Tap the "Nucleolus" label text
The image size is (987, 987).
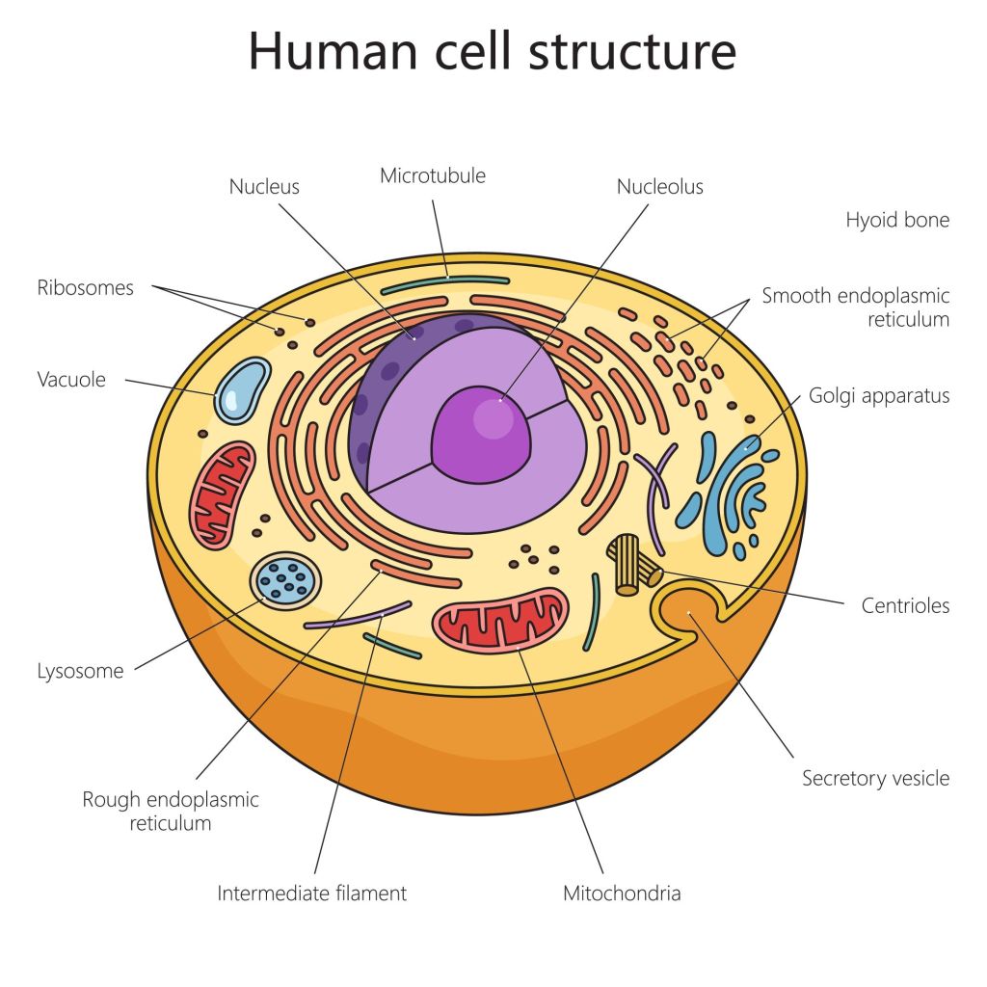[x=659, y=187]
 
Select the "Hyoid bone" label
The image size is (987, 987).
[x=897, y=220]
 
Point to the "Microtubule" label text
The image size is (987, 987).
[x=433, y=175]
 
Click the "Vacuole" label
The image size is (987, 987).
[x=71, y=379]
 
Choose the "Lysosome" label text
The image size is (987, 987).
[x=80, y=671]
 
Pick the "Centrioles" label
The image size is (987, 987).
[x=905, y=605]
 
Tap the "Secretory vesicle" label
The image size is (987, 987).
[x=875, y=778]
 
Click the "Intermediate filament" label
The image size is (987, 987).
[x=311, y=893]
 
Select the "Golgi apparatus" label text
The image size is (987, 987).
[x=879, y=395]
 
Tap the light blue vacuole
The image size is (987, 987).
[x=241, y=390]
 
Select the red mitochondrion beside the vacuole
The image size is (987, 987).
[x=223, y=494]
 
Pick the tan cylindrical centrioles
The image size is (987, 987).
[x=632, y=563]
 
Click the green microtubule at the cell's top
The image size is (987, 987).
[x=445, y=283]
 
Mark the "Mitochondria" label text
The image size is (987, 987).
[x=622, y=893]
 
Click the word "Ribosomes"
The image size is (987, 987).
[x=85, y=287]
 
